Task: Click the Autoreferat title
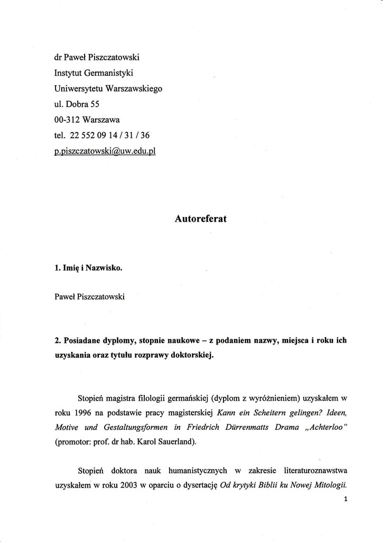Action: click(200, 218)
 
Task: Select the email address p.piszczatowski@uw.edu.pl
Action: click(105, 151)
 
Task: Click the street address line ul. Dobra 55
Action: click(77, 104)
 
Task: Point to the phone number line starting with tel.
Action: click(102, 135)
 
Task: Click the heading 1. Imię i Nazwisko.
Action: click(88, 268)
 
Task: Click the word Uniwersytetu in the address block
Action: click(79, 88)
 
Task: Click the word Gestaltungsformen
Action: click(130, 427)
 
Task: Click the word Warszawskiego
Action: click(134, 88)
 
